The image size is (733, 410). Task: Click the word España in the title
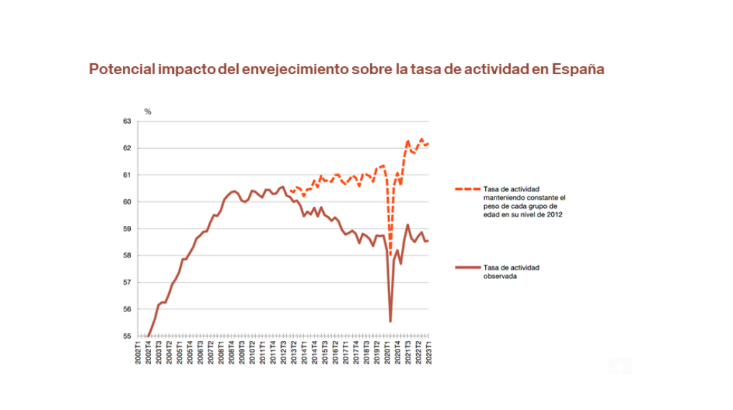point(578,69)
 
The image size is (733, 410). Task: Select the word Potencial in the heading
point(122,69)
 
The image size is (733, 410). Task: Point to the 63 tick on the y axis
point(127,122)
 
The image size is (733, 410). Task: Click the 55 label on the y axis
point(127,336)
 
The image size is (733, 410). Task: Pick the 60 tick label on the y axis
point(127,201)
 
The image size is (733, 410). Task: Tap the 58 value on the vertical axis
point(127,255)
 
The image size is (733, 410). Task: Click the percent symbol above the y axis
point(148,111)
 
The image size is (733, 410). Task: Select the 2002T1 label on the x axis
point(138,352)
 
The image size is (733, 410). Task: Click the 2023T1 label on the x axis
point(429,352)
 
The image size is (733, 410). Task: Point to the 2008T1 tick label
point(221,352)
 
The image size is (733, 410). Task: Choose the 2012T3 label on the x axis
point(283,352)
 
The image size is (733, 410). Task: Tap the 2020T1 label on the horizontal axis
point(387,352)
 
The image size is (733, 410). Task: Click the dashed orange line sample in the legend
point(468,189)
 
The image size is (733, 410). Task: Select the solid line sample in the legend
point(468,268)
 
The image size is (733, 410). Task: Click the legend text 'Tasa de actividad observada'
point(512,272)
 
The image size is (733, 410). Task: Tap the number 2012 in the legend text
point(555,214)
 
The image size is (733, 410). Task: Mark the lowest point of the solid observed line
point(390,322)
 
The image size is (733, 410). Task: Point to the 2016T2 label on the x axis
point(335,352)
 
